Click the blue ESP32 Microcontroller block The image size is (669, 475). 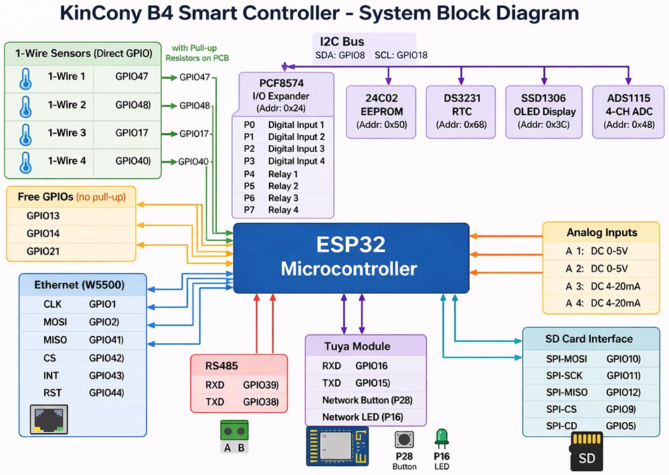[x=351, y=258]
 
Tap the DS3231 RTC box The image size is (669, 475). [x=462, y=111]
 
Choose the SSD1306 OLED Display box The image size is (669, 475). [x=545, y=111]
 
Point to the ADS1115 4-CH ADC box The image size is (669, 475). [x=628, y=111]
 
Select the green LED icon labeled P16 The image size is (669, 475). [x=442, y=439]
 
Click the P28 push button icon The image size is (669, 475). [x=404, y=440]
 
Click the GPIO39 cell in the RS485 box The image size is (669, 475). [x=260, y=385]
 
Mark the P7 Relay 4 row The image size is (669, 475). [x=282, y=210]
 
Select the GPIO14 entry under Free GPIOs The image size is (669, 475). [x=43, y=233]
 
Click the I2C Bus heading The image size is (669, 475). [x=343, y=42]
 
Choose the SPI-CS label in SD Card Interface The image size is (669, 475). [x=561, y=409]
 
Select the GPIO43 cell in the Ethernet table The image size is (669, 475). [x=105, y=376]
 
